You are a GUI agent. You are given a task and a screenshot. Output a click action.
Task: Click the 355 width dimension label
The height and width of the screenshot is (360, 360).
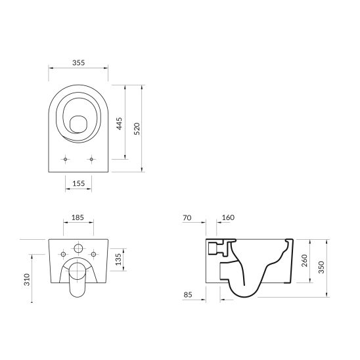pos(79,62)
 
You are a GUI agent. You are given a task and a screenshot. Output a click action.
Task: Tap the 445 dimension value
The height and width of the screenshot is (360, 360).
pos(120,124)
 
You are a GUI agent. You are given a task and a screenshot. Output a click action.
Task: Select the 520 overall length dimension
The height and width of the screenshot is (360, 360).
pos(137,129)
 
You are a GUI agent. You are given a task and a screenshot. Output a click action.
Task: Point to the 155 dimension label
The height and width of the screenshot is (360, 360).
pos(79,183)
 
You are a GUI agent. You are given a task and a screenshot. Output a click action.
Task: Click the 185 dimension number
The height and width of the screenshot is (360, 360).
pos(78,217)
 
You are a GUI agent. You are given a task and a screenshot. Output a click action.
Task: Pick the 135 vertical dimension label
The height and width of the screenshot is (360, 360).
pos(118,259)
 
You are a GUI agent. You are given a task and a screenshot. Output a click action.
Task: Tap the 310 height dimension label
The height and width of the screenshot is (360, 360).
pos(27,279)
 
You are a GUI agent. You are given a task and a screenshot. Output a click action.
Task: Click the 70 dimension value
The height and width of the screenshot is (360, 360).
pos(187,217)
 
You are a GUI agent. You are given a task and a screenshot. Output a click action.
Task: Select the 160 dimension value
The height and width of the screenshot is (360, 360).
pos(228,217)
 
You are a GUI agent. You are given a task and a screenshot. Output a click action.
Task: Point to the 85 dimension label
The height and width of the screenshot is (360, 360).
pos(188,294)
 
